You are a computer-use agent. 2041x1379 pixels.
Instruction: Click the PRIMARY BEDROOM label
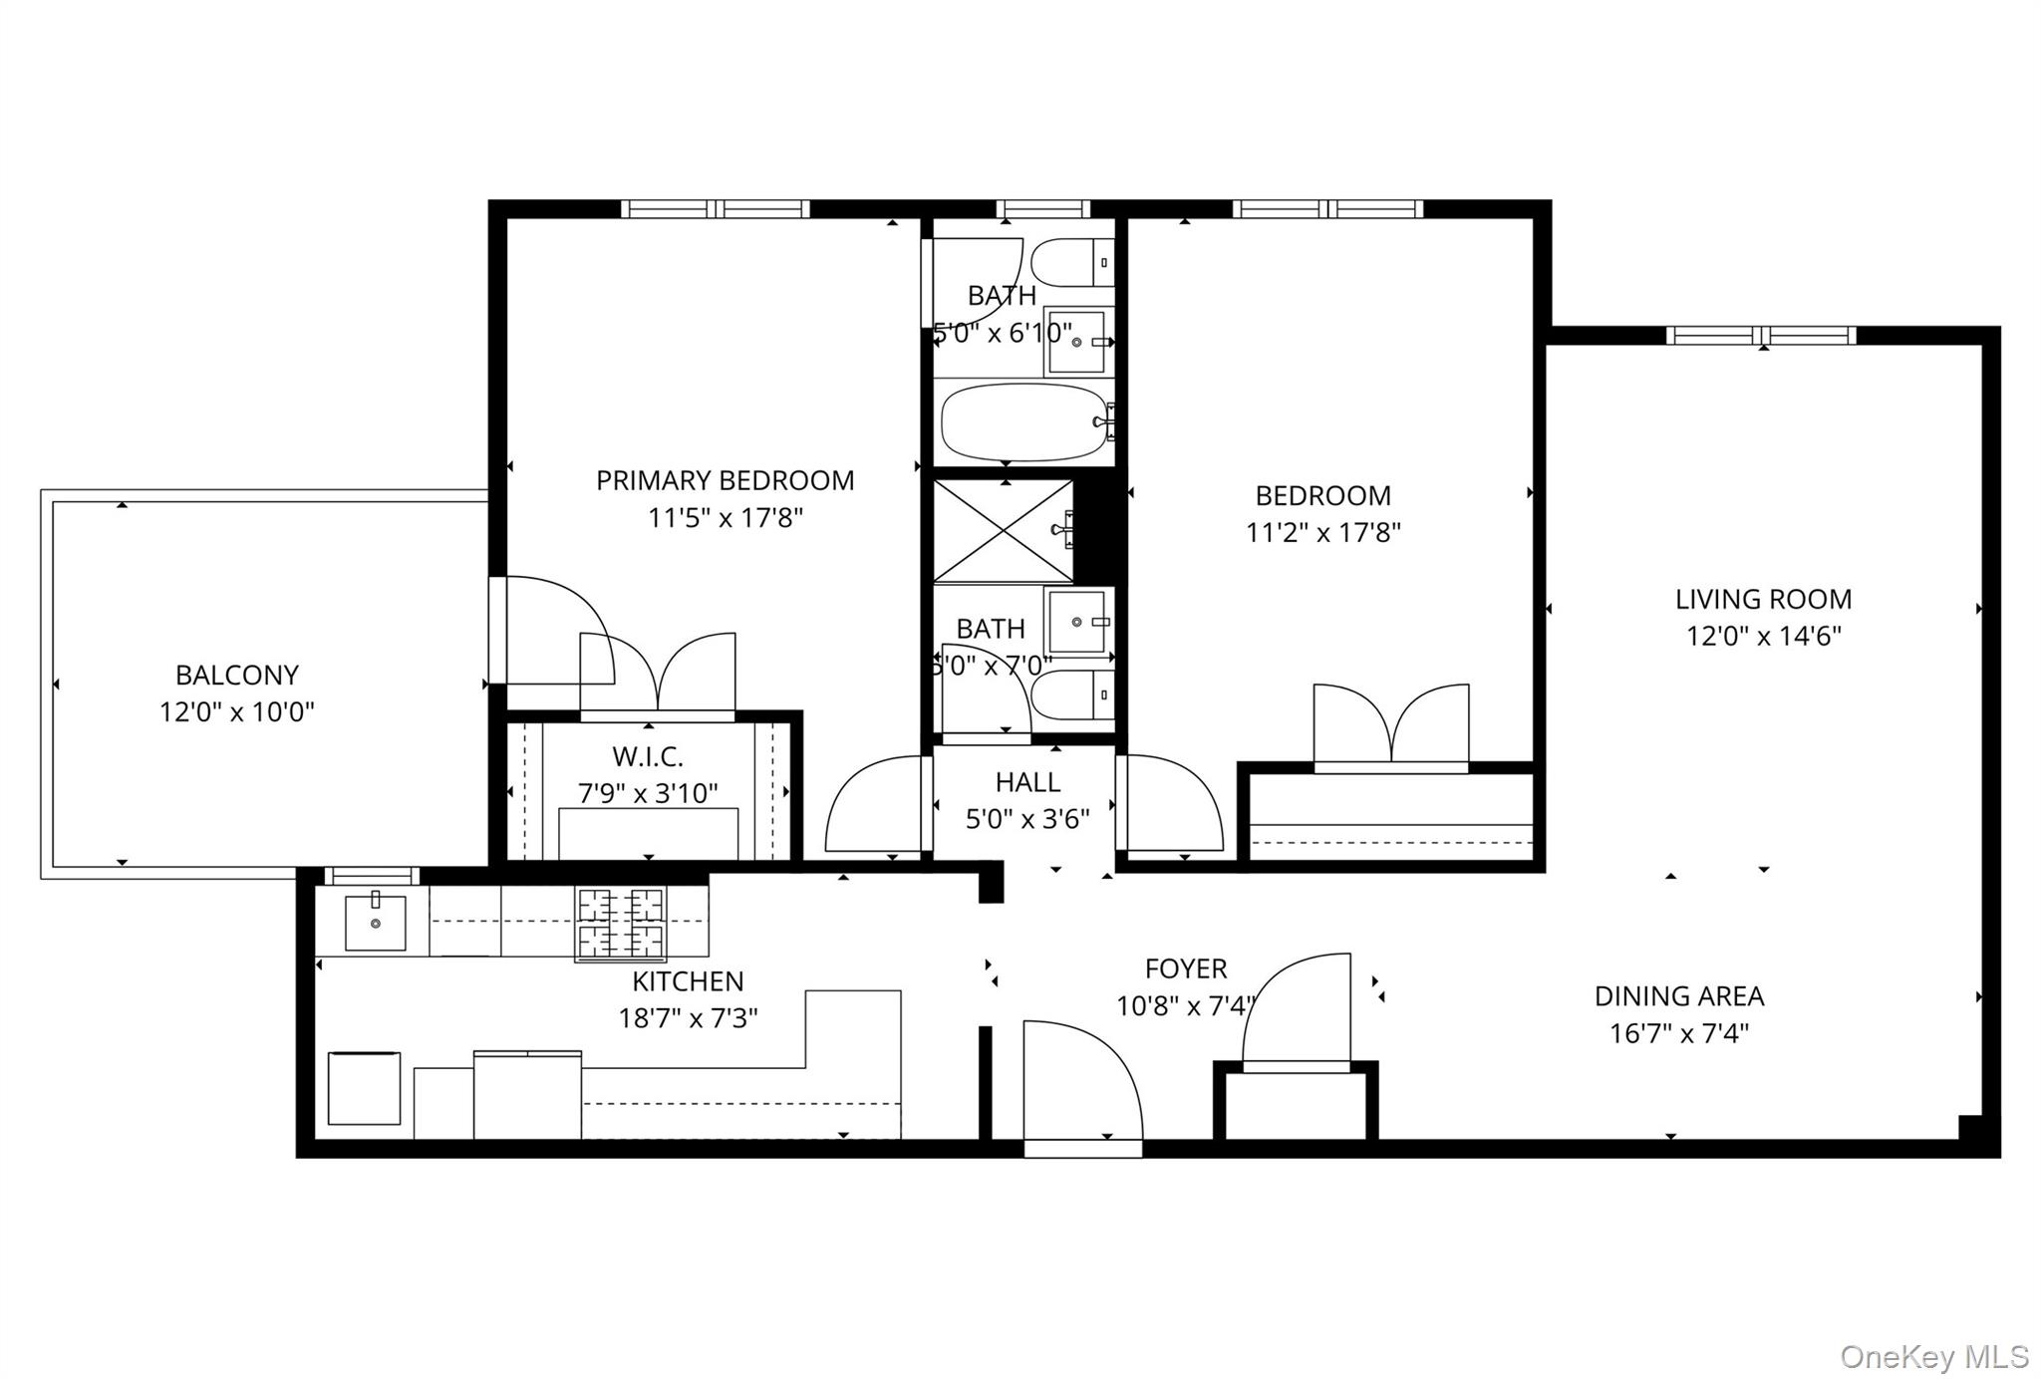(x=725, y=480)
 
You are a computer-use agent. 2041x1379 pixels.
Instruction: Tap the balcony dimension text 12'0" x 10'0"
(x=237, y=712)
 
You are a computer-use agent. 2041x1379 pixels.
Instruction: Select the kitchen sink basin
(x=376, y=923)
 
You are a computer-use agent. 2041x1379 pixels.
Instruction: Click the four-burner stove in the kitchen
(x=621, y=924)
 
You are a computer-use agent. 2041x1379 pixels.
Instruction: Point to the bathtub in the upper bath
(x=1024, y=422)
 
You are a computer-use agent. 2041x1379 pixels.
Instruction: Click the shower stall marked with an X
(x=1004, y=531)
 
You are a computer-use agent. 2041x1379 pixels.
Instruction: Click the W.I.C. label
(x=648, y=757)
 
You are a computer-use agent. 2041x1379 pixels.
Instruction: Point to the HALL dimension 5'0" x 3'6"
(x=1027, y=819)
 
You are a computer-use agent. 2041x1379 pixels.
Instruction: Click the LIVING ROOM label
(x=1763, y=599)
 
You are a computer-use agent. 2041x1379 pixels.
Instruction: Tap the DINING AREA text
(x=1679, y=996)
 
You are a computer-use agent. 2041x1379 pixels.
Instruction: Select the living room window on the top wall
(x=1761, y=336)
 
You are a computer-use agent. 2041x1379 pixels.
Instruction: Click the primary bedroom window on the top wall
(x=715, y=209)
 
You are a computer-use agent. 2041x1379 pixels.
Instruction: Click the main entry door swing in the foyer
(x=1081, y=1081)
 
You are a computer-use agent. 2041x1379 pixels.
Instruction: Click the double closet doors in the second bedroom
(x=1391, y=725)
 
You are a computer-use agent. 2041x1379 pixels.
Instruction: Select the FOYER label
(x=1186, y=968)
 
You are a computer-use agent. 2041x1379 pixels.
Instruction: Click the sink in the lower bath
(x=1077, y=622)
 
